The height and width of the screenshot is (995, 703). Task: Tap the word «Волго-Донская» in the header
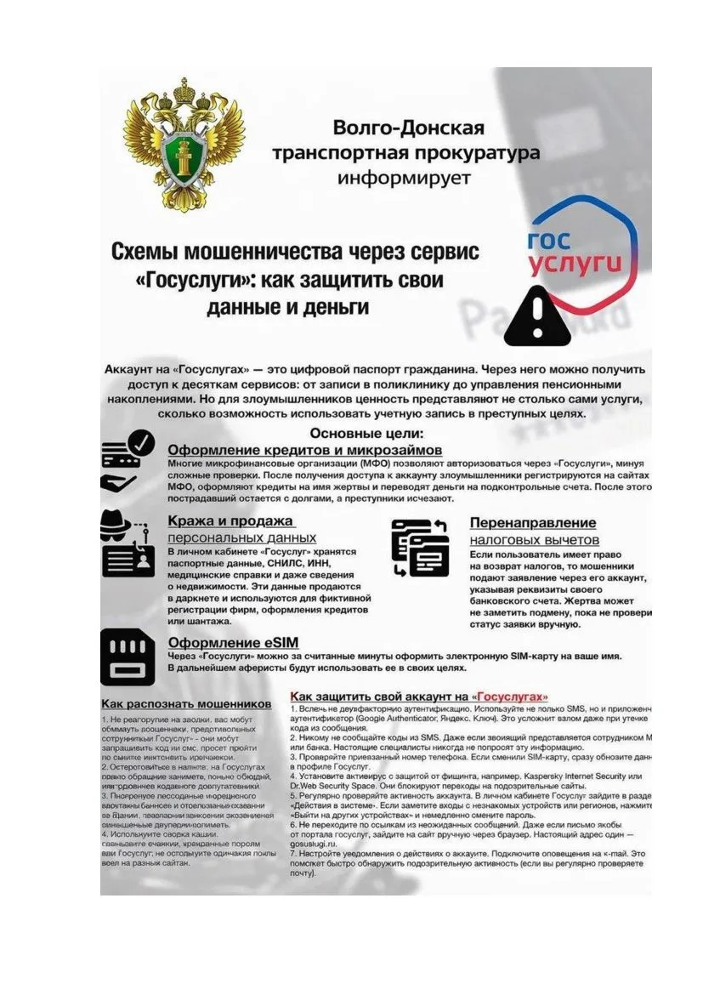click(x=408, y=128)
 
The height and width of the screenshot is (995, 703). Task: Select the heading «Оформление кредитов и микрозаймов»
click(x=305, y=450)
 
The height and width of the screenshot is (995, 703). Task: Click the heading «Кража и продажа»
click(x=230, y=520)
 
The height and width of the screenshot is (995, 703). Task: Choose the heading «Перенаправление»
click(x=533, y=522)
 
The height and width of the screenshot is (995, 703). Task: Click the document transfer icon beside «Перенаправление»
click(x=420, y=547)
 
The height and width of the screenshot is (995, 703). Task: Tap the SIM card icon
click(x=128, y=657)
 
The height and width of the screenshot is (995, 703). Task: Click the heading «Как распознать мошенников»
click(x=186, y=704)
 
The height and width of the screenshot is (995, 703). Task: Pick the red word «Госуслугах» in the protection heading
click(x=511, y=695)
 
